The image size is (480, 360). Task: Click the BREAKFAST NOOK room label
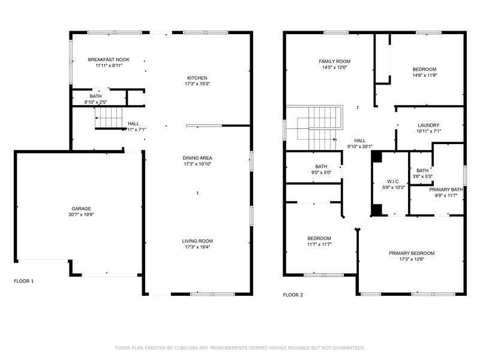tap(109, 59)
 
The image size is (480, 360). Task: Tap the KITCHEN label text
tap(197, 78)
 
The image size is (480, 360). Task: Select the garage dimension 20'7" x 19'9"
tap(81, 215)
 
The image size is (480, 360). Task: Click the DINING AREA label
tap(197, 158)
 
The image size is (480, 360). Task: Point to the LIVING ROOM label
tap(197, 241)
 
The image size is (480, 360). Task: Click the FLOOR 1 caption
tap(24, 281)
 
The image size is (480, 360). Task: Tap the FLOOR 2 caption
tap(293, 295)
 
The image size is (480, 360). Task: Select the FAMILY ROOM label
tap(335, 61)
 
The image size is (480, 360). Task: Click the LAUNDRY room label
tap(428, 125)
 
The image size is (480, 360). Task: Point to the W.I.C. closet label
tap(394, 182)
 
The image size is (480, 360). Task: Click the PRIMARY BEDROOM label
tap(412, 253)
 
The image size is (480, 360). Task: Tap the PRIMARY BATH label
tap(446, 190)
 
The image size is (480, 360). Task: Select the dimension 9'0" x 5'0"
tap(321, 172)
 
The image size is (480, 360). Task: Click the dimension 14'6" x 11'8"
tap(425, 76)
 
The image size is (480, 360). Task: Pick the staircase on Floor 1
tap(109, 118)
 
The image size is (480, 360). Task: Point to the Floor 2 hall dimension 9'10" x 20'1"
tap(360, 146)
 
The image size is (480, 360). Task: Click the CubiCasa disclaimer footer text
tap(240, 348)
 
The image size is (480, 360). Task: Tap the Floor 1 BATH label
tap(96, 96)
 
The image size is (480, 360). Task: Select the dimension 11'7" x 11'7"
tap(319, 244)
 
